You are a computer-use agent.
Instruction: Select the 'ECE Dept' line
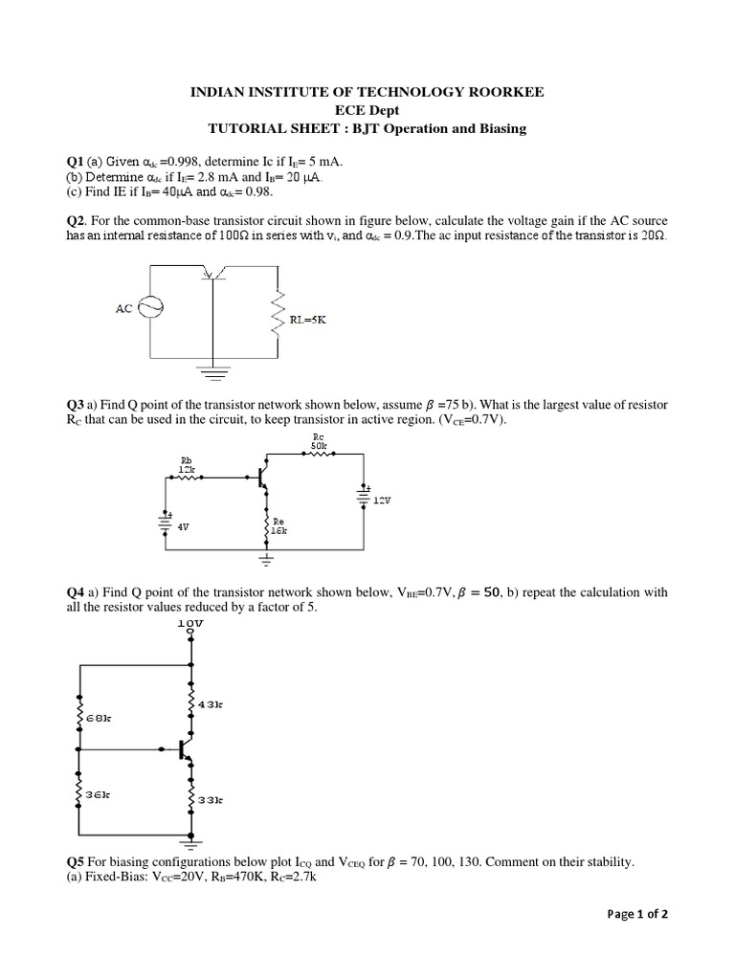tap(367, 110)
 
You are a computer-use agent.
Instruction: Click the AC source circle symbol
tap(151, 306)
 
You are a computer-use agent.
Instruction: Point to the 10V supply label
tap(191, 623)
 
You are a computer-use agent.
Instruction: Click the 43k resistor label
tap(211, 704)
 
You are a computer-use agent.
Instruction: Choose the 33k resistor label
tap(211, 798)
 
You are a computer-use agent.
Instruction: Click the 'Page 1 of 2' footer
tap(637, 914)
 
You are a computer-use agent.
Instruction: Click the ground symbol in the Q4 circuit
tap(191, 843)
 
